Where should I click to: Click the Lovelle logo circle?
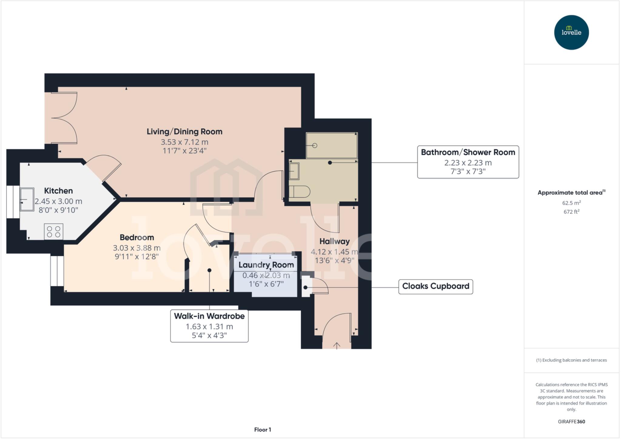[x=571, y=32]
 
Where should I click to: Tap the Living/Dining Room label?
[x=184, y=132]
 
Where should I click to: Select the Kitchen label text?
[x=59, y=191]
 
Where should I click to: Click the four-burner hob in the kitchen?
[x=54, y=232]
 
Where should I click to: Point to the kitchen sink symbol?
[x=27, y=199]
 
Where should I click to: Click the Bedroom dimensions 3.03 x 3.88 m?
[x=137, y=248]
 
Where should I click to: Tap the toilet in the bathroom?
[x=300, y=192]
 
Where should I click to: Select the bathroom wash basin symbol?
[x=294, y=171]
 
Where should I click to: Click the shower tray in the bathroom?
[x=332, y=145]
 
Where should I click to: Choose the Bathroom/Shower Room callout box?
[x=468, y=162]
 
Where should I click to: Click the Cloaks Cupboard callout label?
[x=435, y=286]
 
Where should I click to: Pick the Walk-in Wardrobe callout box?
[x=209, y=326]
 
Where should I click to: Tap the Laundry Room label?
[x=266, y=265]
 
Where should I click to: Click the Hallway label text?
[x=334, y=241]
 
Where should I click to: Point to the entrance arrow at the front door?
[x=337, y=346]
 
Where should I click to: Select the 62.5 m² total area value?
[x=571, y=203]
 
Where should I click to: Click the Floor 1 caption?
[x=263, y=430]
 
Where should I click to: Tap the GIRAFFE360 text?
[x=571, y=421]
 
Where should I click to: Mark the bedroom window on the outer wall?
[x=57, y=271]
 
